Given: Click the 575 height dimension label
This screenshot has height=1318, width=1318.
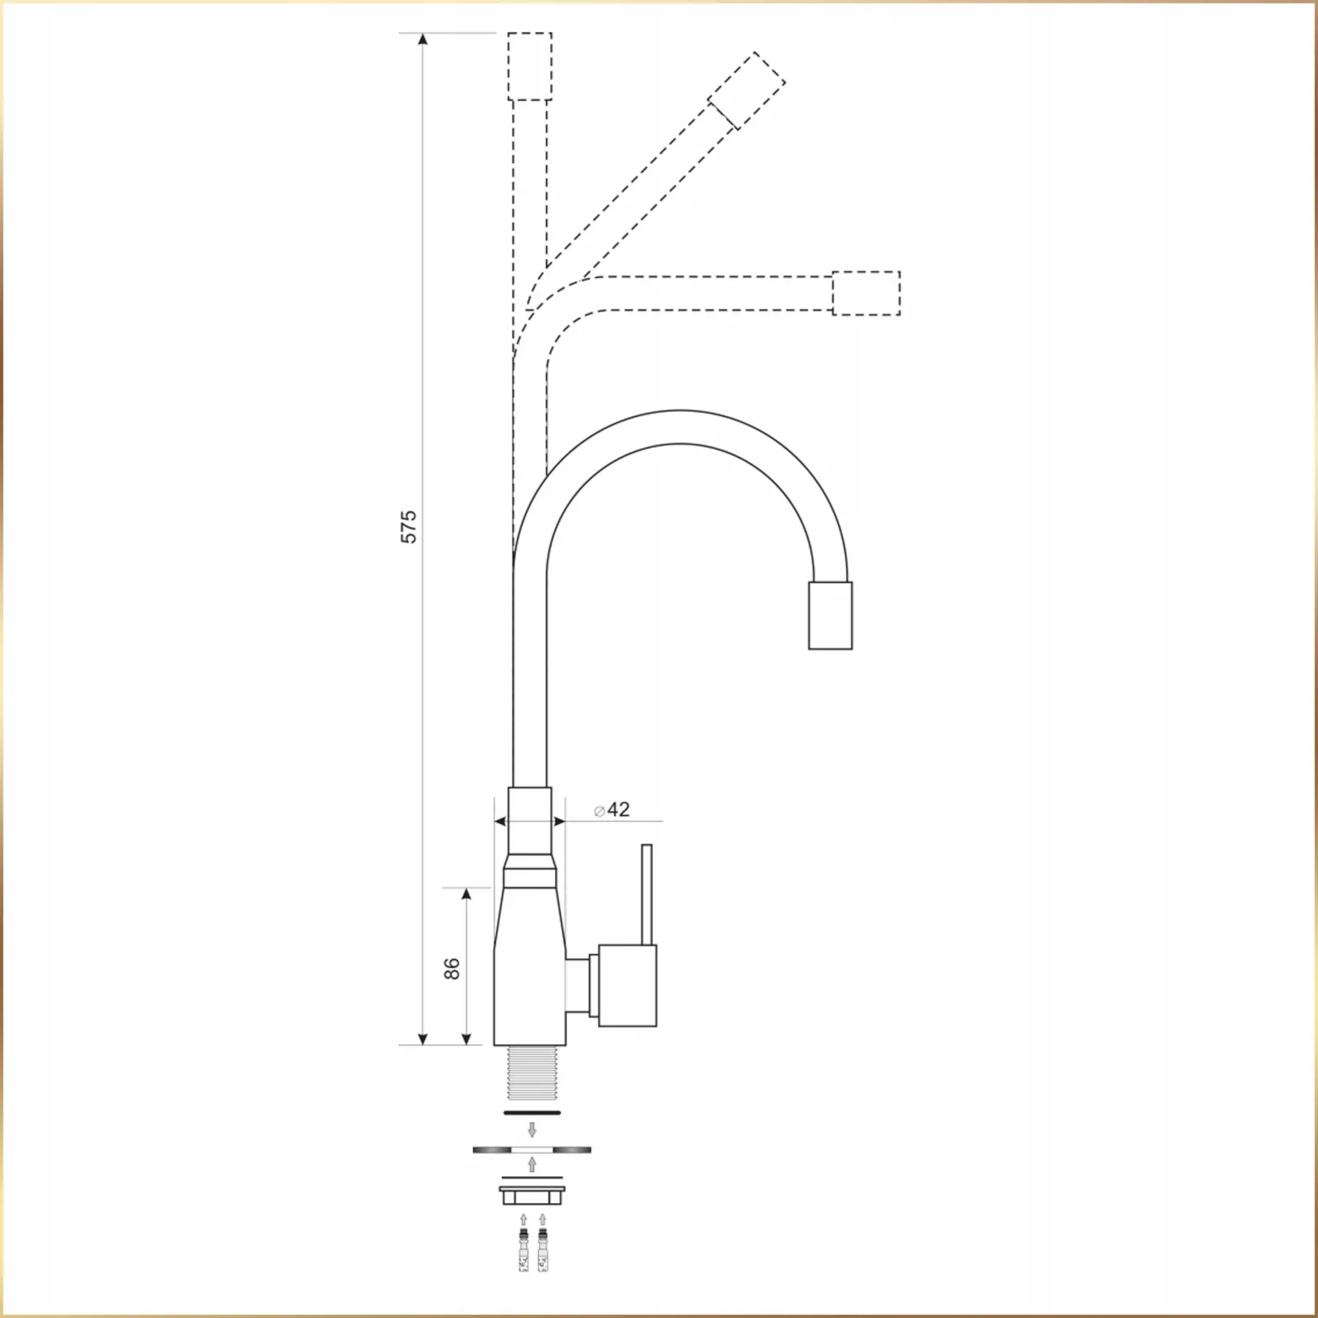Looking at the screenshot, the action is point(409,526).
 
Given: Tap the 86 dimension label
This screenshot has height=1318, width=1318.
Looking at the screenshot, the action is point(452,967).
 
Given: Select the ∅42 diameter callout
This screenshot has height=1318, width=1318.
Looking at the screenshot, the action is point(612,809).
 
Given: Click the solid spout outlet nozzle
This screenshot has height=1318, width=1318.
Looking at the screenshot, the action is point(830,615).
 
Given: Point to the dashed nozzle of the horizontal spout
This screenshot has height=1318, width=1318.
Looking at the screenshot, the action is point(866,293).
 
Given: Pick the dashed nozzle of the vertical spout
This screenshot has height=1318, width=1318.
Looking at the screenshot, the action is point(530,67).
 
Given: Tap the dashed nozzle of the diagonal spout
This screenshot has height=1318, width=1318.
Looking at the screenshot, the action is point(747,90).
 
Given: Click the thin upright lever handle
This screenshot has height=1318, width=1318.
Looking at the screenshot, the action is point(647,894).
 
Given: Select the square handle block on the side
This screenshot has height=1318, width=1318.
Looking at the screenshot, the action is point(628,985).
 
